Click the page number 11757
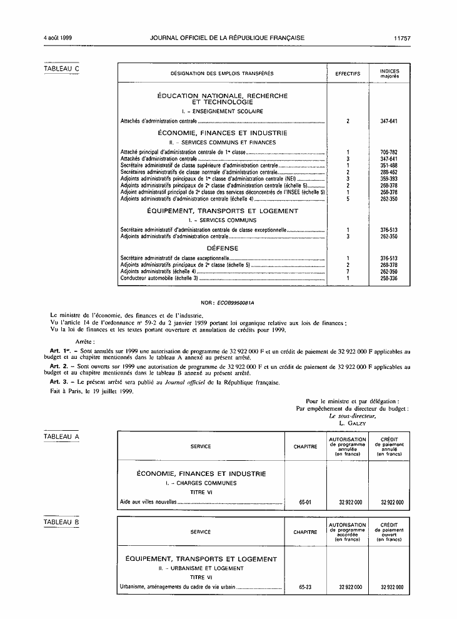(402, 38)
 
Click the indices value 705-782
(389, 153)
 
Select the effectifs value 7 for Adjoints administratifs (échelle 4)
(348, 271)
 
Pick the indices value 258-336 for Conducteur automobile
(389, 278)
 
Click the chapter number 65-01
(305, 502)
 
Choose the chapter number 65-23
(305, 588)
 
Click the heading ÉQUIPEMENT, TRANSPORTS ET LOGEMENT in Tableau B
(201, 559)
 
